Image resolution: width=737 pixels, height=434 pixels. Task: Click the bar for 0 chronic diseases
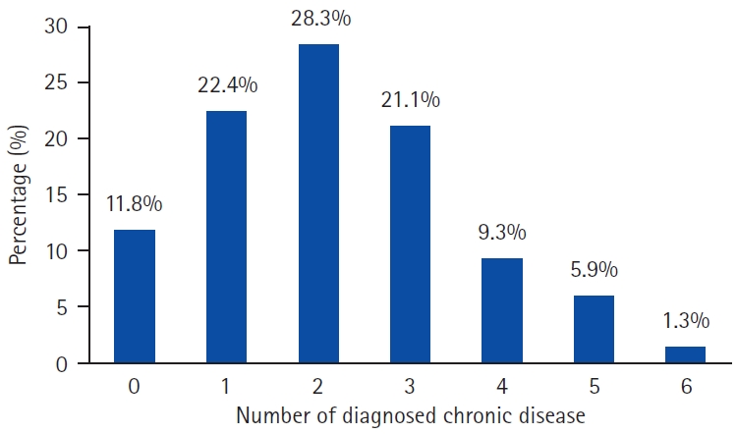[134, 297]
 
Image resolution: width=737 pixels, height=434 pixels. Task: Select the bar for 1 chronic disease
[228, 237]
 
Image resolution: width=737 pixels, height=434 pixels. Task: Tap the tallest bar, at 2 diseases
[318, 203]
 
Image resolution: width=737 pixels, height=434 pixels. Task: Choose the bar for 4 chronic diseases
[502, 311]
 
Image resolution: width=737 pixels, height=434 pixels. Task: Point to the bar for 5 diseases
[594, 330]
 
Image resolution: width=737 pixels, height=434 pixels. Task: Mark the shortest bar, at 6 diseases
[685, 354]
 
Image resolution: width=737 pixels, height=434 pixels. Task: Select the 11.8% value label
[135, 205]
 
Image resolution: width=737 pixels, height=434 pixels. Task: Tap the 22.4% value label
[228, 86]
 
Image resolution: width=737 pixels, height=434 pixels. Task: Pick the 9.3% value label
[502, 234]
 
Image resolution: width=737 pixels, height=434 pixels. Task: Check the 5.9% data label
[595, 270]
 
